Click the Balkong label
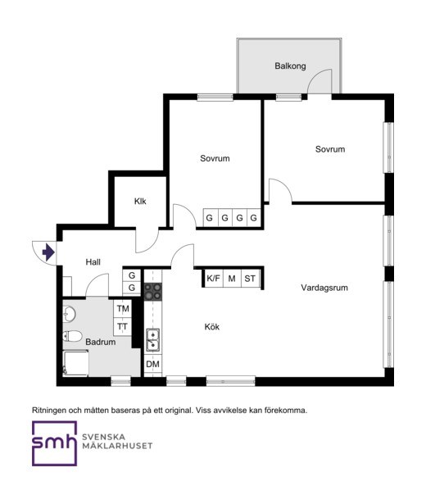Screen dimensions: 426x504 click(290, 66)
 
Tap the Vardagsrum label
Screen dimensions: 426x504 click(324, 288)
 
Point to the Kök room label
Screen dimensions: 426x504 click(212, 327)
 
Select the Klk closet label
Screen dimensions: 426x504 click(140, 202)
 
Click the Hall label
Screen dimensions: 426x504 click(93, 262)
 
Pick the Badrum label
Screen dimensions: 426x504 click(101, 342)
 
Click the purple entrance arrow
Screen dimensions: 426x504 click(48, 252)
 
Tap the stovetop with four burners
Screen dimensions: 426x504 click(153, 291)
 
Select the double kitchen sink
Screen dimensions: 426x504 click(153, 340)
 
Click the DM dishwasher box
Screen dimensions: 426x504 click(153, 364)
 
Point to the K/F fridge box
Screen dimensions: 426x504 click(213, 279)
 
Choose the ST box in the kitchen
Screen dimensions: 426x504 click(250, 279)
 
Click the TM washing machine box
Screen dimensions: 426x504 click(123, 309)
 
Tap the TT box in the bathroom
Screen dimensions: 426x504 click(123, 327)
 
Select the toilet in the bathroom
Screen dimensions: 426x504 click(72, 337)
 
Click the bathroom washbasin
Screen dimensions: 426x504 click(69, 314)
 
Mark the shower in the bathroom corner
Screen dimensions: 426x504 click(76, 363)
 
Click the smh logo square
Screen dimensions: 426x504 click(55, 443)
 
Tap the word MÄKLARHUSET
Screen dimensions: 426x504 click(117, 446)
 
